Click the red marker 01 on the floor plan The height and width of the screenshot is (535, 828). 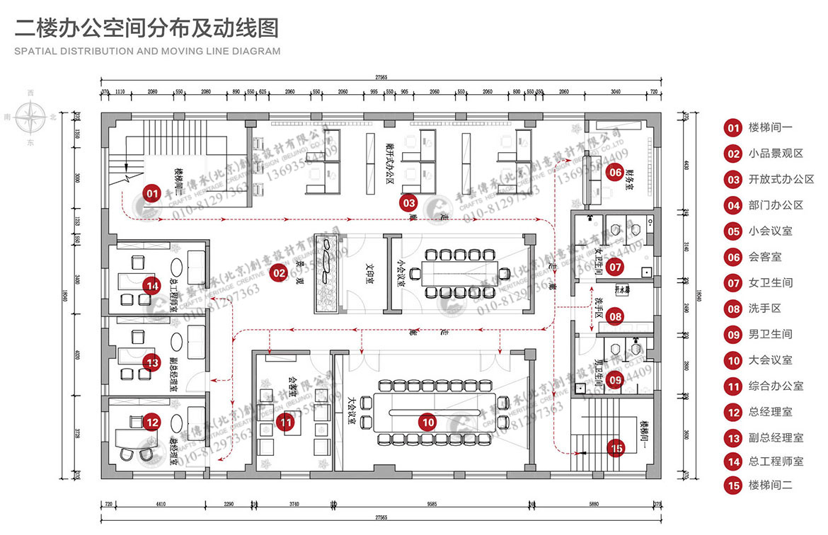(151, 192)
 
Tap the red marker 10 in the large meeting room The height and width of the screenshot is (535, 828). (427, 422)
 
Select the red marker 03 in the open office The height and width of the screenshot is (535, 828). (409, 202)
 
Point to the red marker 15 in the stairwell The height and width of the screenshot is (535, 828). (616, 447)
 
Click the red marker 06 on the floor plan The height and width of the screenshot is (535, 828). (615, 172)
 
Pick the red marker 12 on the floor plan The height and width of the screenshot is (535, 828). (151, 422)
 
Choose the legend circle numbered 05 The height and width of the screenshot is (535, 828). (732, 231)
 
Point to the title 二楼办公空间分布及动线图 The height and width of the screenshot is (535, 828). (147, 28)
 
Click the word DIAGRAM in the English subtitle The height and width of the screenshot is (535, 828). (257, 51)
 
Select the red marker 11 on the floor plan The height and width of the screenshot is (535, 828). (286, 423)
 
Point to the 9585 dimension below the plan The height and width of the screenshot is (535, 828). (432, 505)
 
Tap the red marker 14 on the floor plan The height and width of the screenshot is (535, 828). (151, 286)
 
